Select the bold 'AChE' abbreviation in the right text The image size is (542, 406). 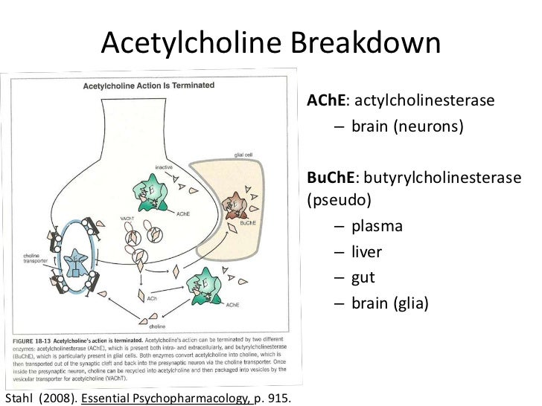[322, 100]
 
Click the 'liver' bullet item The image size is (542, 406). [367, 251]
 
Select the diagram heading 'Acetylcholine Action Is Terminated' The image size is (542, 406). [149, 85]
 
